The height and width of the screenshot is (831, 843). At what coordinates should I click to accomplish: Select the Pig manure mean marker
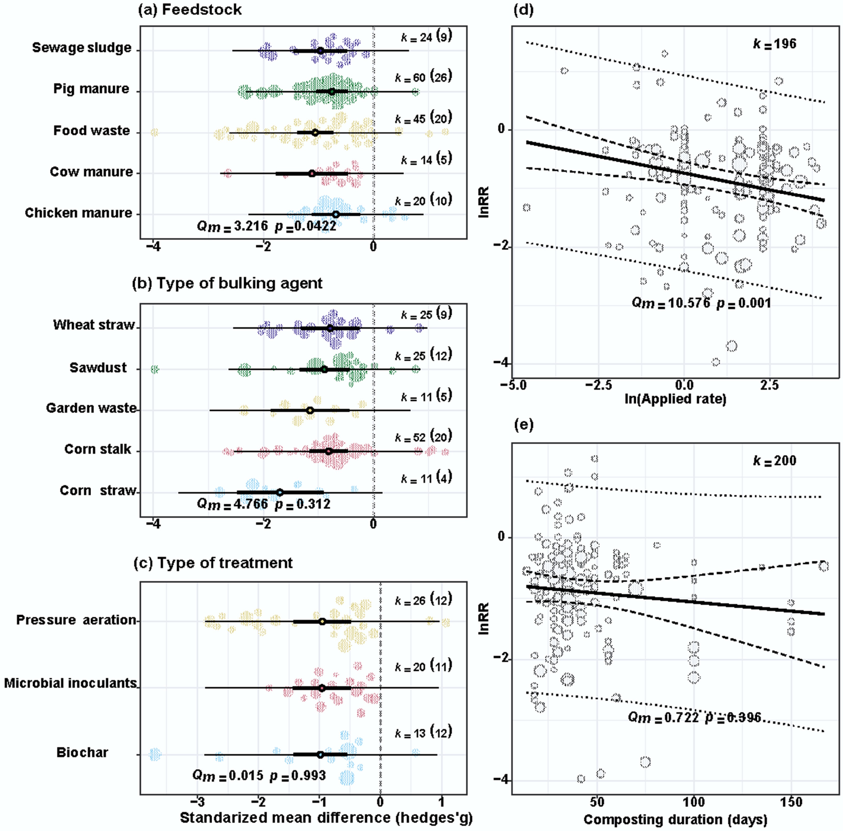(332, 92)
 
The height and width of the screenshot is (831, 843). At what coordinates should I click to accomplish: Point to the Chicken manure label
(79, 213)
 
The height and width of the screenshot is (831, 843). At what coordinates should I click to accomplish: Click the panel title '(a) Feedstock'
(190, 10)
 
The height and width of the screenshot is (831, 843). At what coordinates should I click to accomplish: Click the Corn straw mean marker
(280, 493)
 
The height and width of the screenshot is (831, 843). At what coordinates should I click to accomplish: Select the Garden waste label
(91, 408)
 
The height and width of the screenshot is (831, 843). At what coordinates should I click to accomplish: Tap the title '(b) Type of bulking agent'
(227, 283)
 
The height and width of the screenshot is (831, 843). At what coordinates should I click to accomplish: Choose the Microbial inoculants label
(70, 683)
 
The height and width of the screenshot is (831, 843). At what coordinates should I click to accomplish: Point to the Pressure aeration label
(76, 620)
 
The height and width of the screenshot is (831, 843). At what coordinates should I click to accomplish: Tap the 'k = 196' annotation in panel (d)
(774, 44)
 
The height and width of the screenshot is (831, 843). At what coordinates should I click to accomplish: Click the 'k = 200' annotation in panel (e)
(774, 461)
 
